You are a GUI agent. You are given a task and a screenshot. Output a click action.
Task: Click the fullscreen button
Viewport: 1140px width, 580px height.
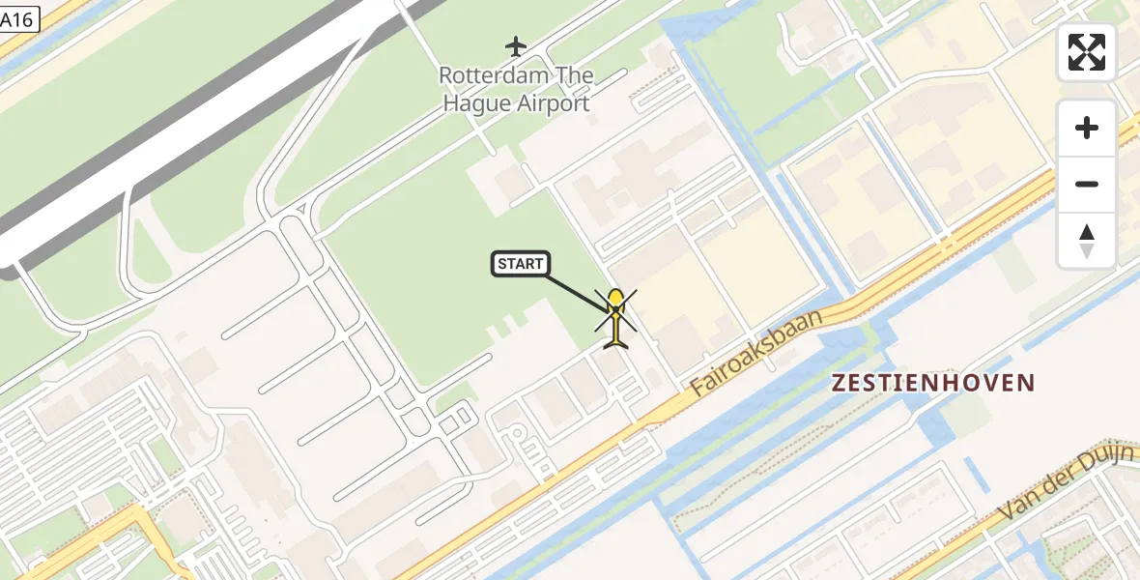click(1087, 52)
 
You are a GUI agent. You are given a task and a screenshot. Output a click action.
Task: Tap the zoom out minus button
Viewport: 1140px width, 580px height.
click(1087, 184)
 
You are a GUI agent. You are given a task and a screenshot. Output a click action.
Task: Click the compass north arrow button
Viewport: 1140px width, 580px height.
click(1087, 240)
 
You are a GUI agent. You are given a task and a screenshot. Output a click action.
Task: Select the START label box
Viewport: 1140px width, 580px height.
click(521, 264)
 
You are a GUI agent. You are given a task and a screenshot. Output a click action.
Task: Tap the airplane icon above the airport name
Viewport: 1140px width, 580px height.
click(517, 45)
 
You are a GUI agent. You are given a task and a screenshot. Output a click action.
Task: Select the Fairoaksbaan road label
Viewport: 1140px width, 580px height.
click(759, 354)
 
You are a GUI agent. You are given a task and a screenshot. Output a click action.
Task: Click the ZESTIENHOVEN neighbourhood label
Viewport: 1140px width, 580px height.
click(933, 383)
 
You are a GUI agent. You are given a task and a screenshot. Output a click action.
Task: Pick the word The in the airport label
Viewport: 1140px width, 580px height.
click(575, 75)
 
